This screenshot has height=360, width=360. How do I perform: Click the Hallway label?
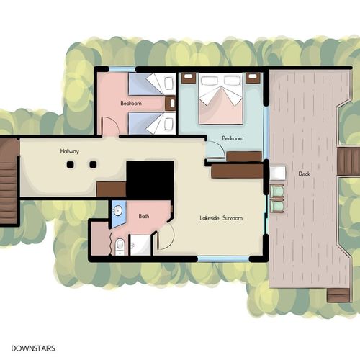69,151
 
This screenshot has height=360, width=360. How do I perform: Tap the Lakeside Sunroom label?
221,218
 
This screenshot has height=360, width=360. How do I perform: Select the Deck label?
304,174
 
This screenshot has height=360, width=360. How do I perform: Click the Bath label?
144,216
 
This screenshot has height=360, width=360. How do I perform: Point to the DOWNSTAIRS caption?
33,348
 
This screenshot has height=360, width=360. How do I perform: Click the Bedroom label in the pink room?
131,104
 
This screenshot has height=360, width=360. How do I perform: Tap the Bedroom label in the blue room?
233,138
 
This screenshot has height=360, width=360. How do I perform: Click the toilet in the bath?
120,246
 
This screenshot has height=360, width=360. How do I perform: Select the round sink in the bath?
118,211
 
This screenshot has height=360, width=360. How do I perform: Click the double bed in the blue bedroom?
221,99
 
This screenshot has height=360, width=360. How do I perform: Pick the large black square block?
150,180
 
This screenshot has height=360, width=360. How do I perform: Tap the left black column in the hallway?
70,164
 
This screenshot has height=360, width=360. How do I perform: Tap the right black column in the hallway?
93,164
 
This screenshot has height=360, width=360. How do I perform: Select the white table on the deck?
278,173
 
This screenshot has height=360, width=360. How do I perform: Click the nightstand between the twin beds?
171,104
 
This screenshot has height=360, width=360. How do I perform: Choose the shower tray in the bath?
140,245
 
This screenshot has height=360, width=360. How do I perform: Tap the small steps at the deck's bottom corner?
338,295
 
